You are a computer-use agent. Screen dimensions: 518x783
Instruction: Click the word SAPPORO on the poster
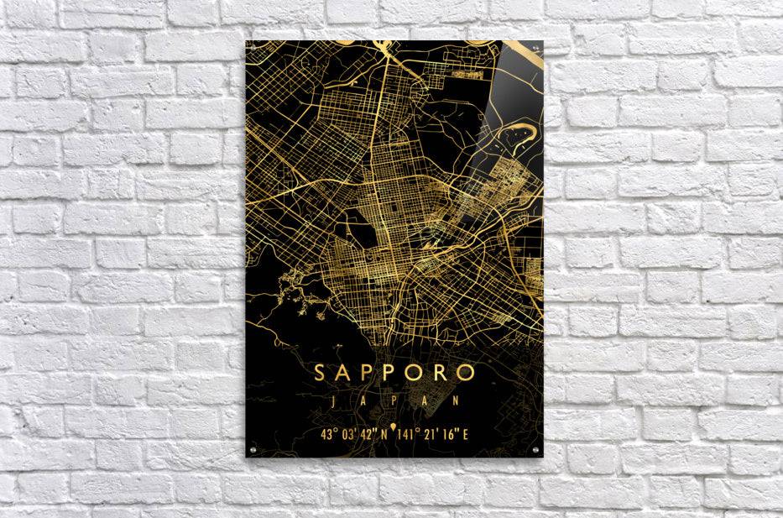394,372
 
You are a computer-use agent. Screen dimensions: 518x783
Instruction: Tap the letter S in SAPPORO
321,372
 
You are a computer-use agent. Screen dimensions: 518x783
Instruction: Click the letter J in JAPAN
333,401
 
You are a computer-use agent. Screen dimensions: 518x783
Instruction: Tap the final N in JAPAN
457,401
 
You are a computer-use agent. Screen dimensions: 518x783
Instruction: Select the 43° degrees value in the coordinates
328,433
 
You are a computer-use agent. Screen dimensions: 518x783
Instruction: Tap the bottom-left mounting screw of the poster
253,453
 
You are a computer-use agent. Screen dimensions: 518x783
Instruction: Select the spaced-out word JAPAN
394,401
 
